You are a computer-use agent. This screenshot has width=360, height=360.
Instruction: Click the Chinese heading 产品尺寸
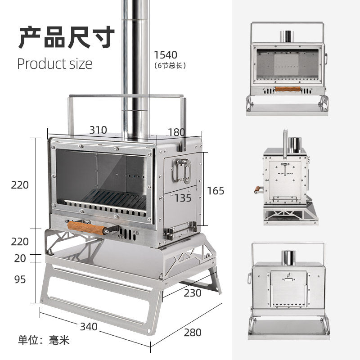point(66,37)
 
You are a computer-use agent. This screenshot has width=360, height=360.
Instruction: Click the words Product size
point(54,63)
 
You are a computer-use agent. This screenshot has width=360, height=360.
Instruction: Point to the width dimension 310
point(98,130)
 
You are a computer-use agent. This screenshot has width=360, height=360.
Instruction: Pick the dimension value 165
point(215,190)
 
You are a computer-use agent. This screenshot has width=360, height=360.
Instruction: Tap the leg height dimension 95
point(20,279)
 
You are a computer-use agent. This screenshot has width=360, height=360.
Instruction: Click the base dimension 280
point(192,333)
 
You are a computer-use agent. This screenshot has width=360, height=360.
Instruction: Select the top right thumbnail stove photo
point(288,67)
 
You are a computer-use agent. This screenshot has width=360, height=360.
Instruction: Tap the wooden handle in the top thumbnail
point(288,89)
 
